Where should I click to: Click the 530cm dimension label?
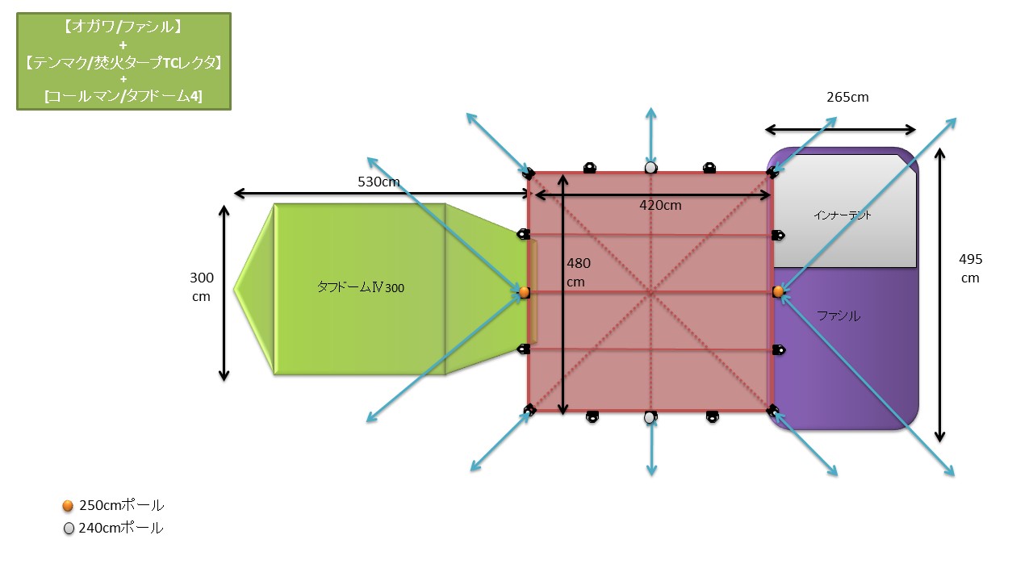(x=378, y=182)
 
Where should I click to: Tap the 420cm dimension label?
(x=660, y=205)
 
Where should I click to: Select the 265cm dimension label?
(x=847, y=98)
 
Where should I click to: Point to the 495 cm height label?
(x=970, y=269)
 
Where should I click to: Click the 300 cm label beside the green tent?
(x=201, y=286)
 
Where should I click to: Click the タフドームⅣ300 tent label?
(x=360, y=287)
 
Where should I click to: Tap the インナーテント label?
(x=843, y=215)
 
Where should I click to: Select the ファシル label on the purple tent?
(x=839, y=316)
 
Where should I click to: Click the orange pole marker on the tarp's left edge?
(x=524, y=292)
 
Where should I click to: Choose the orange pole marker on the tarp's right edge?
(x=778, y=291)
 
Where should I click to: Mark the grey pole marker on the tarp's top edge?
(x=650, y=168)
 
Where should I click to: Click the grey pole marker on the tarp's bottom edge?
(x=650, y=417)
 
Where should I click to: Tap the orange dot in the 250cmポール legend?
(x=68, y=506)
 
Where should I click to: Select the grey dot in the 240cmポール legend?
(x=69, y=529)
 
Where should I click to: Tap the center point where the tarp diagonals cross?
(x=650, y=293)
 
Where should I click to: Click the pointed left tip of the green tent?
(x=236, y=288)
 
